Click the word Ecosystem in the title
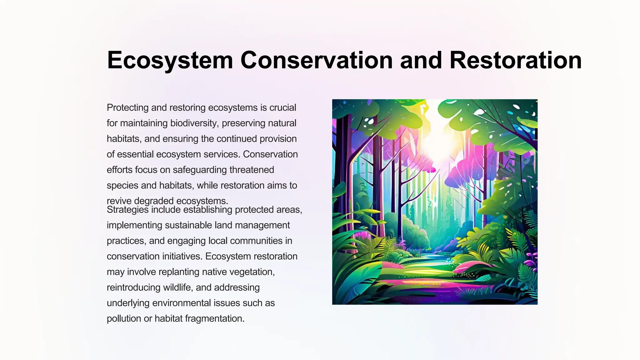[x=170, y=60]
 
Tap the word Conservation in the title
[x=316, y=60]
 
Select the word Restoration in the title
[x=515, y=60]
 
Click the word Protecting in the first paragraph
[x=127, y=107]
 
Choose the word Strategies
[x=127, y=210]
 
